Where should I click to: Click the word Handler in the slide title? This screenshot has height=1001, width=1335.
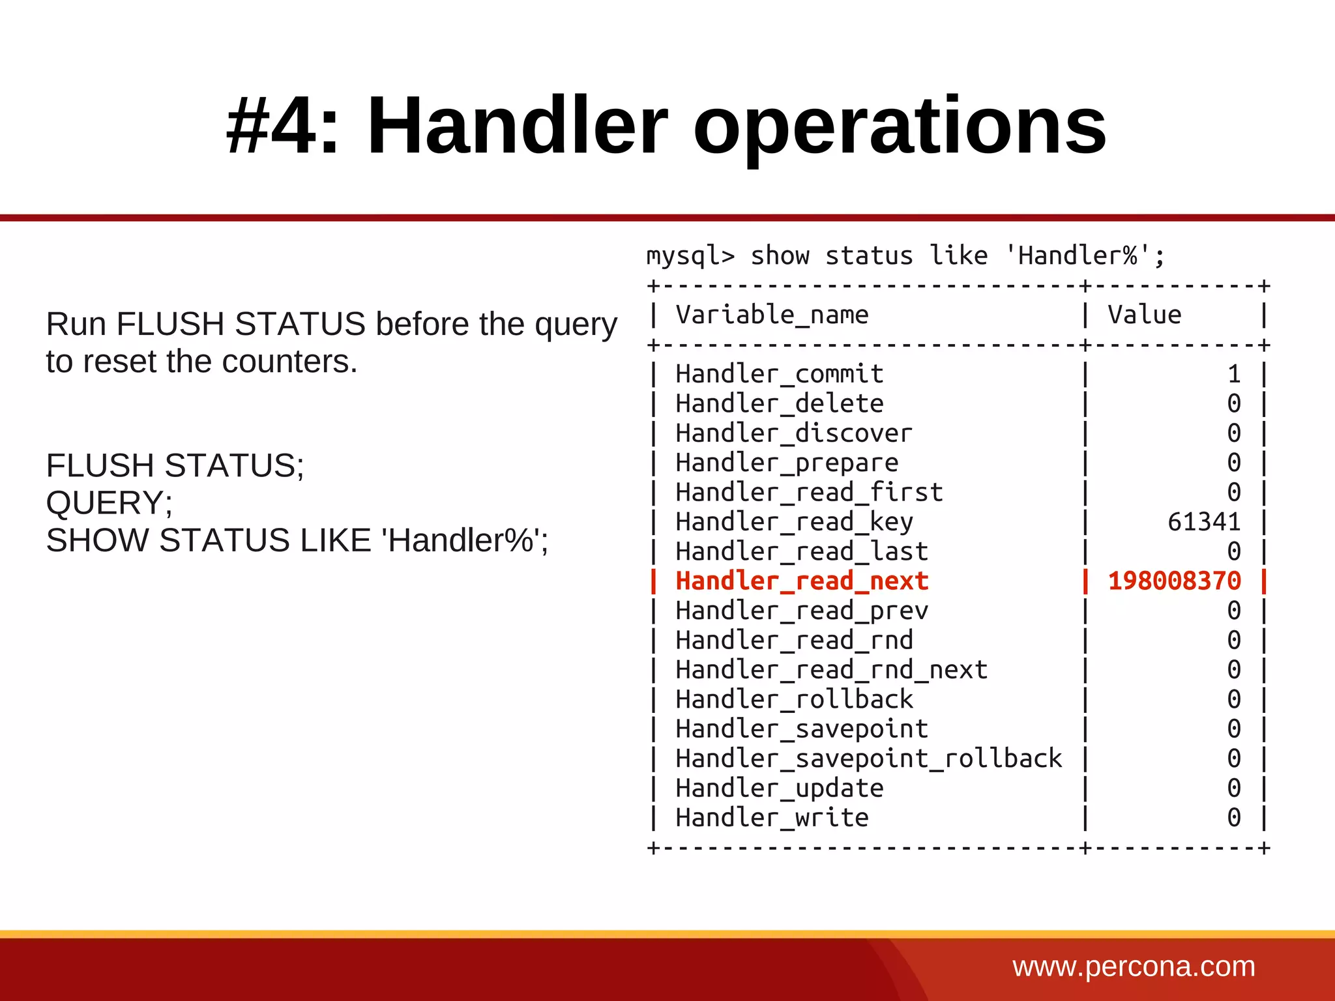pos(518,126)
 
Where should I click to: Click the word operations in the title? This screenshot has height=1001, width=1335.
pos(900,126)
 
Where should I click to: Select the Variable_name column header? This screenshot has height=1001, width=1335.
pos(772,315)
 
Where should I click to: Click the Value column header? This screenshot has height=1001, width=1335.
pos(1145,315)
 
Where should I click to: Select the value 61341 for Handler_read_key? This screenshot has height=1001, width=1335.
pos(1203,522)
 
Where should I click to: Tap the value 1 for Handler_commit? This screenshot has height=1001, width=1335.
pos(1233,374)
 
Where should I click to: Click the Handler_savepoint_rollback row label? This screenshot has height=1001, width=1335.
pos(868,759)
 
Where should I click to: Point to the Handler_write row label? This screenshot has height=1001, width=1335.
pos(772,818)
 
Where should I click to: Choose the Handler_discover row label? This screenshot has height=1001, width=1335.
pos(794,433)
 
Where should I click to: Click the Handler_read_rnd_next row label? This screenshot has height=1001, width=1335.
pos(831,670)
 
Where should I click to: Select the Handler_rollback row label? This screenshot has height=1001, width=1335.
pos(794,699)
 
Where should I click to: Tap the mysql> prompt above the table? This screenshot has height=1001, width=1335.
pos(690,256)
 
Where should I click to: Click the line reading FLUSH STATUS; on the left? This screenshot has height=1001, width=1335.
pos(175,466)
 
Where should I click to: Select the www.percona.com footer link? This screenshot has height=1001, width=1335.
pos(1134,966)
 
